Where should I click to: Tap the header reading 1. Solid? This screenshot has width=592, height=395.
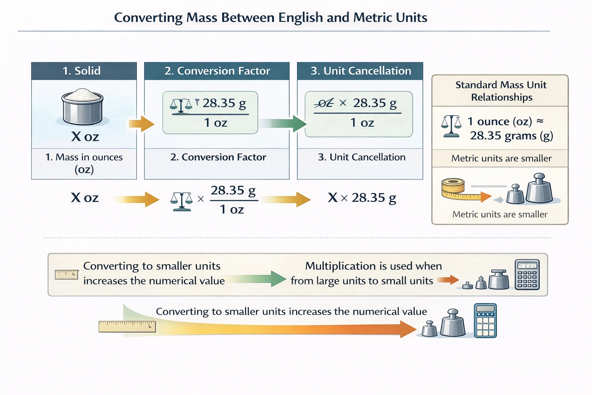pyautogui.click(x=82, y=71)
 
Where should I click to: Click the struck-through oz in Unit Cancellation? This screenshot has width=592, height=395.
pyautogui.click(x=324, y=103)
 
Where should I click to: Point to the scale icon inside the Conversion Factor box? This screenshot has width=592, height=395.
pyautogui.click(x=180, y=105)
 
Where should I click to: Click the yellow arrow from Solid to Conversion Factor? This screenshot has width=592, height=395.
pyautogui.click(x=141, y=124)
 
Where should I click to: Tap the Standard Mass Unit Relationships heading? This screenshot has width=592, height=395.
pyautogui.click(x=501, y=91)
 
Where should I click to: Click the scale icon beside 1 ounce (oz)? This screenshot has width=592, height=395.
pyautogui.click(x=451, y=126)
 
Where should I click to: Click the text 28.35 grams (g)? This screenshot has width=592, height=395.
pyautogui.click(x=511, y=136)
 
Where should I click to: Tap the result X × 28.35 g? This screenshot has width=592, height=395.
pyautogui.click(x=362, y=198)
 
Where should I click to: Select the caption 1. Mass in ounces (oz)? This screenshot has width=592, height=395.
pyautogui.click(x=84, y=163)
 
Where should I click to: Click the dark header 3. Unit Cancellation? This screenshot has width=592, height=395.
pyautogui.click(x=360, y=71)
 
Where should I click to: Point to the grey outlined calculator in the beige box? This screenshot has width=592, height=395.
pyautogui.click(x=527, y=275)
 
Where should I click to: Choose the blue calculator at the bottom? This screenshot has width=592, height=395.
pyautogui.click(x=485, y=321)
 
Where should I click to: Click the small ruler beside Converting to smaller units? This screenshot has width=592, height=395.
pyautogui.click(x=66, y=274)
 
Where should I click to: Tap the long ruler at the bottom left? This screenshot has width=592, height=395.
pyautogui.click(x=127, y=326)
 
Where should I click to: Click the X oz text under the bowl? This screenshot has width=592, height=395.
pyautogui.click(x=85, y=137)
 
